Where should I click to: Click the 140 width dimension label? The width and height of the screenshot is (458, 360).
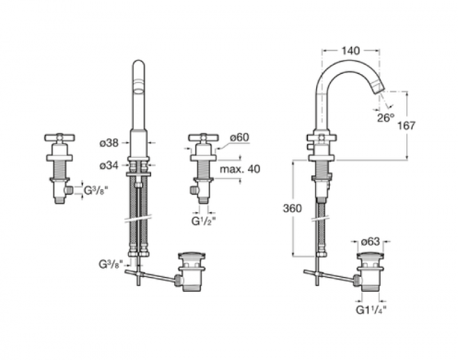pyautogui.click(x=351, y=51)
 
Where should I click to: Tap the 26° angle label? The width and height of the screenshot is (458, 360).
pyautogui.click(x=385, y=118)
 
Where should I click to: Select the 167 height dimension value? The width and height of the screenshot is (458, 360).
pyautogui.click(x=406, y=126)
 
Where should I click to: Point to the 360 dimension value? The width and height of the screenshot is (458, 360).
pyautogui.click(x=292, y=208)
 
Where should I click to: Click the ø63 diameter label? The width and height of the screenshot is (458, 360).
pyautogui.click(x=370, y=242)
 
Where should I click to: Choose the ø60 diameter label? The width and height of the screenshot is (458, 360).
pyautogui.click(x=239, y=137)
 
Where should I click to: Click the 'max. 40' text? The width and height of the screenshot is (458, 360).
pyautogui.click(x=240, y=169)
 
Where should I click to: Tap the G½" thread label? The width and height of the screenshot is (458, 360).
pyautogui.click(x=203, y=221)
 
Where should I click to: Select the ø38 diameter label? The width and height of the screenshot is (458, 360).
pyautogui.click(x=109, y=143)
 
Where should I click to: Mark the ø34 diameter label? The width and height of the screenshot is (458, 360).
pyautogui.click(x=109, y=166)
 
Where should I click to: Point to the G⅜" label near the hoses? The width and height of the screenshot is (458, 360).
pyautogui.click(x=109, y=264)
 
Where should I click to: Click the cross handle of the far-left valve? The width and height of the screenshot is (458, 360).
pyautogui.click(x=60, y=137)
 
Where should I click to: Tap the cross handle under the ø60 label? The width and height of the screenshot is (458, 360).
pyautogui.click(x=203, y=137)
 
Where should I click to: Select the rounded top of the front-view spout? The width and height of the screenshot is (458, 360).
pyautogui.click(x=139, y=65)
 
